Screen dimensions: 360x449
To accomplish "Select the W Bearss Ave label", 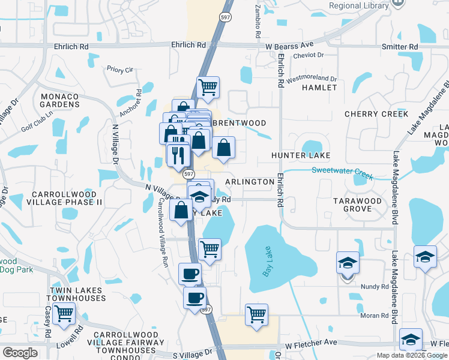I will pos(290,45).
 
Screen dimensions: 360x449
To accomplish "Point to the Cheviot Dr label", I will pos(309,55).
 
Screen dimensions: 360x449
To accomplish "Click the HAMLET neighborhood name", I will pos(319,88).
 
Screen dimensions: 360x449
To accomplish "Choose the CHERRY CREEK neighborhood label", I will pos(376,114).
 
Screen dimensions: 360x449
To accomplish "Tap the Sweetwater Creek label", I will pos(342,173).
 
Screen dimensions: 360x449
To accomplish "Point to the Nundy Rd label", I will pos(376,287).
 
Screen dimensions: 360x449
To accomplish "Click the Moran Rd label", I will pos(376,316).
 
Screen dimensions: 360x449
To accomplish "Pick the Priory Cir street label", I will pos(120,70).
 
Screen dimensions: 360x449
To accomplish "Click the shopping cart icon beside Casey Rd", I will pos(64,313).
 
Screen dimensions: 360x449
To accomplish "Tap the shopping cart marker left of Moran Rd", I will pos(256,314).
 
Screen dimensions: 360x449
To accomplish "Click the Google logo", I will pos(20,353).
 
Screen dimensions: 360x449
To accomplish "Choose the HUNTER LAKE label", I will pos(301,155).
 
